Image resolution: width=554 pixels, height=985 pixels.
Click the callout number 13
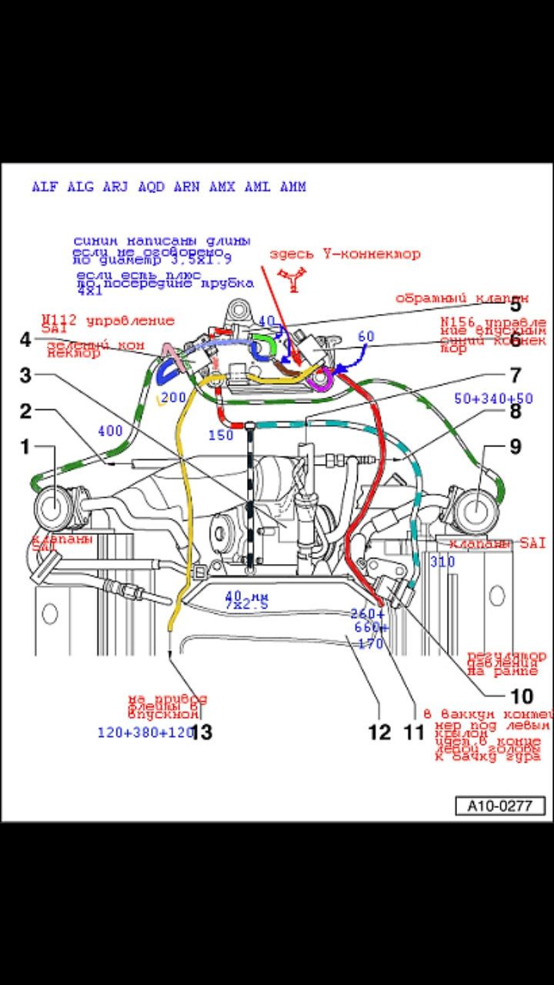(201, 732)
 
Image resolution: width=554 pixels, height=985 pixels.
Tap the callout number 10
(521, 696)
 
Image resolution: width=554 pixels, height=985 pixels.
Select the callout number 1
(25, 446)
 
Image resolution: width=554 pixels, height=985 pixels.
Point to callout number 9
(515, 446)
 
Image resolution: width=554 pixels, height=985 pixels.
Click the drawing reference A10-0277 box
(501, 806)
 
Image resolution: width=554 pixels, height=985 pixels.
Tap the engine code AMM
(292, 187)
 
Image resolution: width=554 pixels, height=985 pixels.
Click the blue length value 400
(110, 432)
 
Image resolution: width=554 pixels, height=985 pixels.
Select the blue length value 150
(221, 436)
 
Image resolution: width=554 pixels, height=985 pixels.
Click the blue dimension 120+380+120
(144, 732)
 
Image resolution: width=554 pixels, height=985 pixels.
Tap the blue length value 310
(442, 562)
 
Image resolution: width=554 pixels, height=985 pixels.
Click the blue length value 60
(366, 336)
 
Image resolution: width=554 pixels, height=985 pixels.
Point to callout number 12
(379, 732)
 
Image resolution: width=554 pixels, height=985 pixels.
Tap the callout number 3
(25, 376)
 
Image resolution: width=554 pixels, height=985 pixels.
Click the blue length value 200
(175, 397)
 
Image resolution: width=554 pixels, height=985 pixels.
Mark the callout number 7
(515, 376)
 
